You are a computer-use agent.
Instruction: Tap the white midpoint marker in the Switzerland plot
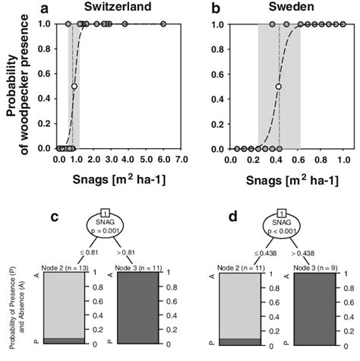[x=74, y=87]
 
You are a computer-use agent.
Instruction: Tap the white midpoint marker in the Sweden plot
[x=279, y=87]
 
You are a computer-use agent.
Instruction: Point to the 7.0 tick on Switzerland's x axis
[x=182, y=160]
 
